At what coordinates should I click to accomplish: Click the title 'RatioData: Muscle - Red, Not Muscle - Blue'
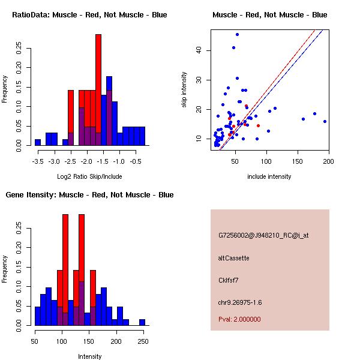coord(89,14)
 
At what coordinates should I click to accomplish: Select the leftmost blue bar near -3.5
coord(38,142)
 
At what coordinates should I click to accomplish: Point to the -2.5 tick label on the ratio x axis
coord(70,161)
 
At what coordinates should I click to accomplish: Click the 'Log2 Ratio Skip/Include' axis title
coord(89,176)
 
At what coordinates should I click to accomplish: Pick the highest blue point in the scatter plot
coord(237,35)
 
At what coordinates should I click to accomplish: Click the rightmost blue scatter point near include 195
coord(325,121)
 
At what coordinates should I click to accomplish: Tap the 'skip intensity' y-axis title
coord(185,90)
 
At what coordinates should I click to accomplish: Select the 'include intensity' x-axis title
coord(269,176)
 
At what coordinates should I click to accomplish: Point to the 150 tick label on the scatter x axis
coord(297,161)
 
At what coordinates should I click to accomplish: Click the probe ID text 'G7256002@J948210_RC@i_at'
coord(263,236)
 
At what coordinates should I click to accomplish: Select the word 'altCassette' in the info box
coord(234,258)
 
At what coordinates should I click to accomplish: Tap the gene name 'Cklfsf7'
coord(230,280)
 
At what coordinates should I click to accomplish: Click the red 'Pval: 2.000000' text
coord(239,319)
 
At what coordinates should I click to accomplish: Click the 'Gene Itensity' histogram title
coord(89,195)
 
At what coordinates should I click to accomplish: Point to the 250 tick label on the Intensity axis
coord(143,341)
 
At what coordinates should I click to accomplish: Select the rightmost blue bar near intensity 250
coord(142,322)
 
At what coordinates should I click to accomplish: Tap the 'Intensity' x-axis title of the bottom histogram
coord(90,356)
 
